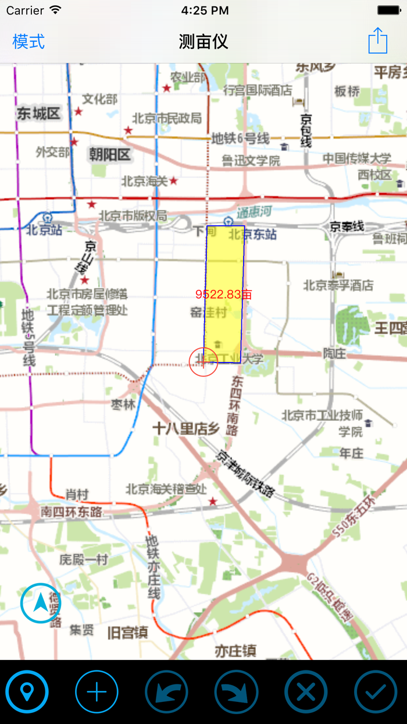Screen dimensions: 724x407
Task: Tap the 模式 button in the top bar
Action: coord(28,42)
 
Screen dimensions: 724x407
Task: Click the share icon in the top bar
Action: coord(378,41)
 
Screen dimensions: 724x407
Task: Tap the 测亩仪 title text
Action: coord(203,42)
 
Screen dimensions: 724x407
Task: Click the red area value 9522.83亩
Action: coord(224,294)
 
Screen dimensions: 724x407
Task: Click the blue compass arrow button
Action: coord(41,604)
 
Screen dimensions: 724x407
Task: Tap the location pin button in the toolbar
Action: coord(27,692)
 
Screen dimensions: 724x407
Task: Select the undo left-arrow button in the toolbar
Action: coord(166,692)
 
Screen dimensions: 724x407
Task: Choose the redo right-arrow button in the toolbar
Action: coord(236,692)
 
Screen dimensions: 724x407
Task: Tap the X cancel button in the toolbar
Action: coord(306,692)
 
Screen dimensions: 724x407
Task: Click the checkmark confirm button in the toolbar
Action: coord(376,692)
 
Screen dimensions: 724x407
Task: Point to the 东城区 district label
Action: coord(38,113)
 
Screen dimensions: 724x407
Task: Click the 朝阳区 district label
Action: coord(109,154)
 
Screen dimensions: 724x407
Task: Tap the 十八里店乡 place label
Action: coord(185,429)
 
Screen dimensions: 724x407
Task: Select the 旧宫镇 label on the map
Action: coord(127,632)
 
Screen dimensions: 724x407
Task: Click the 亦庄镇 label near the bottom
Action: coord(235,650)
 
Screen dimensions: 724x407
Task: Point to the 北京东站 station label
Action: coord(252,235)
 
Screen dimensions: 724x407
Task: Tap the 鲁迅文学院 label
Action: coord(251,160)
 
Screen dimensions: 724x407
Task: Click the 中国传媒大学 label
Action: coord(357,158)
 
